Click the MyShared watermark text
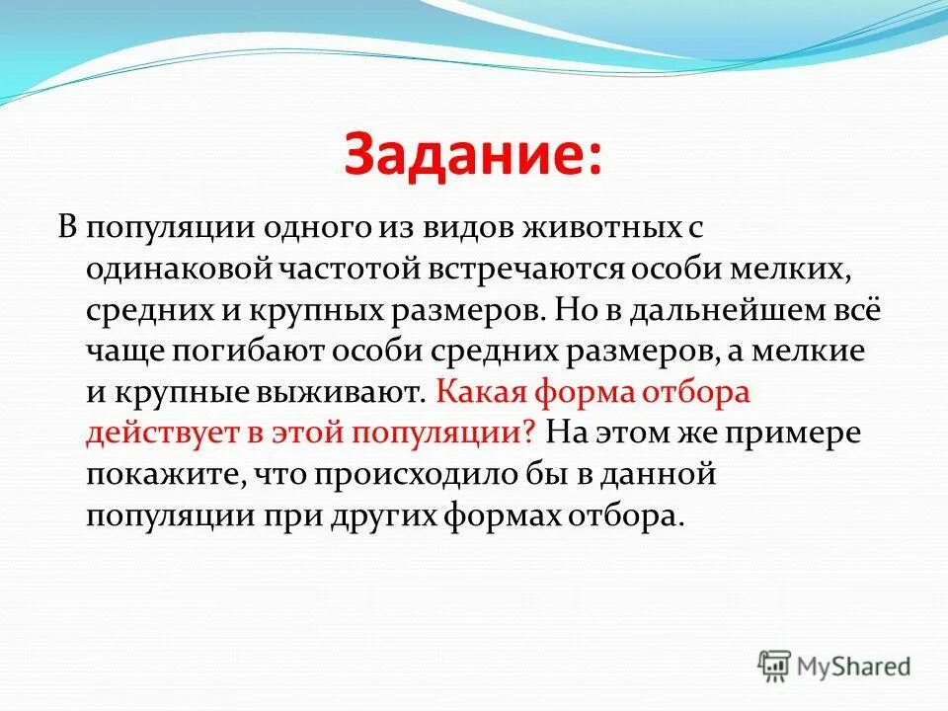pyautogui.click(x=855, y=667)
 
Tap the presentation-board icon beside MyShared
pyautogui.click(x=775, y=666)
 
